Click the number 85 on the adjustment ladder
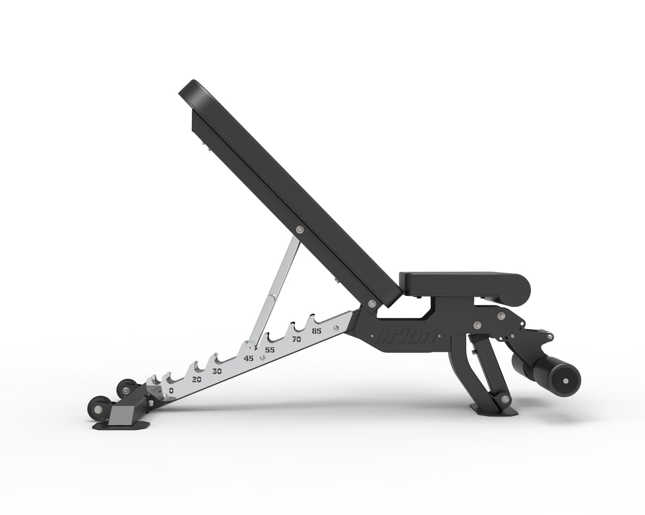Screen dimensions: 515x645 [317, 331]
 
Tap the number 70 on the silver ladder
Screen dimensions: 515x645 [297, 339]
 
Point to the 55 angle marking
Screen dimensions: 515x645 [270, 350]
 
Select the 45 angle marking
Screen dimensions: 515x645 [249, 358]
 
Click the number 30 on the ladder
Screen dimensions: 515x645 [217, 371]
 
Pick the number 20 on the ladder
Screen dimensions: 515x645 [196, 379]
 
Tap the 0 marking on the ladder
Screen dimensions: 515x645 [171, 390]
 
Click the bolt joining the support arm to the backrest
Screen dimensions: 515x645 [299, 230]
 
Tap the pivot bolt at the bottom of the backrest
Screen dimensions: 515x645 [371, 304]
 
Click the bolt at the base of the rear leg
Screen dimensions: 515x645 [505, 399]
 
